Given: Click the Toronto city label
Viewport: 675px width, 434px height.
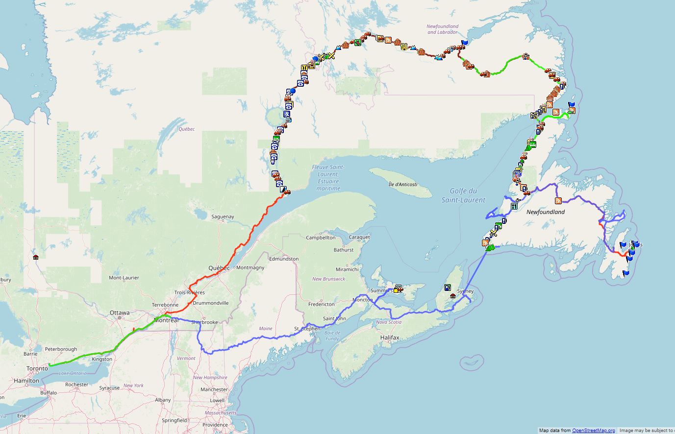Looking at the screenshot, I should [x=37, y=368].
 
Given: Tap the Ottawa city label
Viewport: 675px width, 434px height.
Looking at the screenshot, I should [x=120, y=313].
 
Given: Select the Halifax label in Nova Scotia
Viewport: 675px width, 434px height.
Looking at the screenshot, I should [x=390, y=338].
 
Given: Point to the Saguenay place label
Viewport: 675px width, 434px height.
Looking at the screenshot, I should [x=223, y=217].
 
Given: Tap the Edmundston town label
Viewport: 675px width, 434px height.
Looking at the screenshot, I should [x=284, y=259].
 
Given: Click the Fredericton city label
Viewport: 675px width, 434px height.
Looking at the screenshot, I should [x=321, y=304].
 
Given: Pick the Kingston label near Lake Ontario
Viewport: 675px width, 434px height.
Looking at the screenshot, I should [x=102, y=359].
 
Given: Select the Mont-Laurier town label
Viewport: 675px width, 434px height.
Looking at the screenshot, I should [x=124, y=278].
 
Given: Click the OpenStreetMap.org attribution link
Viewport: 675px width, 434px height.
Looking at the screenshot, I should [x=593, y=431].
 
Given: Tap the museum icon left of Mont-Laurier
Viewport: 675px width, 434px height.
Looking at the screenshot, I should [x=36, y=257].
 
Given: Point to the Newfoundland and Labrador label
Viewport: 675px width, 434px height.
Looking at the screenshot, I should [x=442, y=29].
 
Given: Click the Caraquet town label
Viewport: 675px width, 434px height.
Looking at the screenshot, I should [x=359, y=238].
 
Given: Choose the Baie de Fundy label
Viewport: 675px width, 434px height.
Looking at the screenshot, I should [x=332, y=336].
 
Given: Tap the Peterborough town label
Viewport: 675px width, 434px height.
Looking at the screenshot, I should [x=61, y=349].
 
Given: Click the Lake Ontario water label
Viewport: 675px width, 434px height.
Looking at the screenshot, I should [x=73, y=373].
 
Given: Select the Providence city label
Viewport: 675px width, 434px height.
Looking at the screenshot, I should [x=215, y=425].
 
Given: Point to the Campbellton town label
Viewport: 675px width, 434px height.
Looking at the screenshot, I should [x=321, y=238].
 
